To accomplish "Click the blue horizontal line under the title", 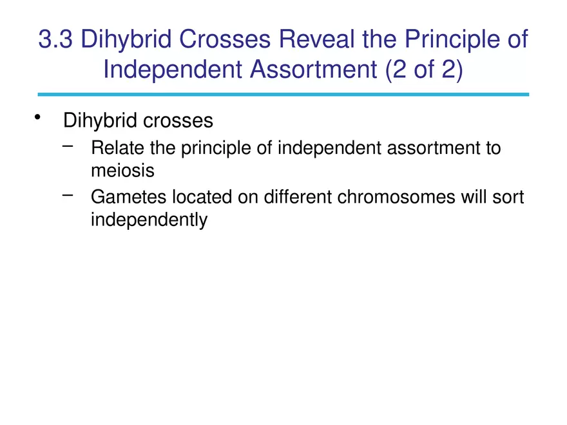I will [x=283, y=94].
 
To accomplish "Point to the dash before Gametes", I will [x=68, y=193].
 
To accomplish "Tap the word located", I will [x=198, y=196].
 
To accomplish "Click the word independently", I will [x=149, y=220].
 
